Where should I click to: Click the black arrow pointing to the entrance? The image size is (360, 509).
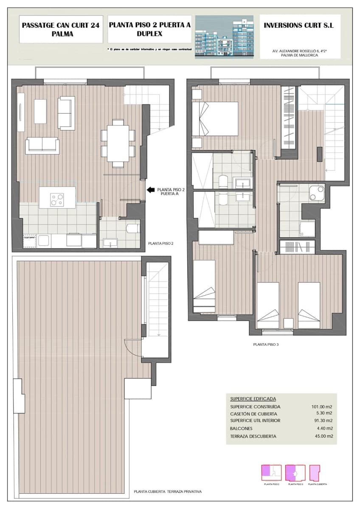pos(150,190)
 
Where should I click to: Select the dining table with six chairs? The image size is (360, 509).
pos(118,143)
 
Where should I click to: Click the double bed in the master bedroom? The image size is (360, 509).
pos(215,119)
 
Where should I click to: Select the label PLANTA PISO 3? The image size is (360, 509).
pos(266,344)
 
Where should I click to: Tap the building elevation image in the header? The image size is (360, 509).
pos(224,37)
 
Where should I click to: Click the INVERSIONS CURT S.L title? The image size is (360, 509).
pos(299,25)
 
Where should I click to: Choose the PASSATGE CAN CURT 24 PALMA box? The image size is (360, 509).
pos(60,29)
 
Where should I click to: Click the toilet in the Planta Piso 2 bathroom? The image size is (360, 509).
pos(133,228)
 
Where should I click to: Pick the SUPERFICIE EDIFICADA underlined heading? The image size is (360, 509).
pos(253,399)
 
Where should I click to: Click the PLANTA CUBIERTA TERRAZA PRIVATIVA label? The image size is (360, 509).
pos(167,492)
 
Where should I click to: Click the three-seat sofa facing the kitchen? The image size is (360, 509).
pos(42,145)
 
